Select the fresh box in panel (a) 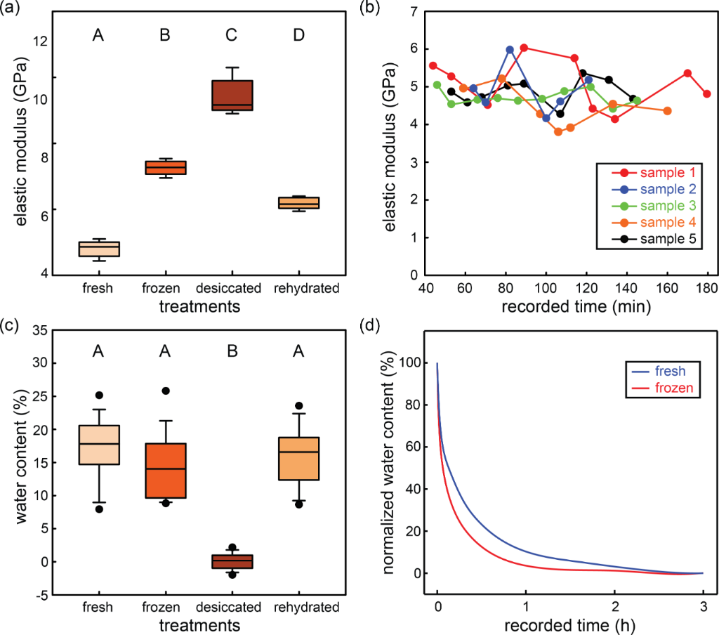99,249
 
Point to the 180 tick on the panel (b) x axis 707,288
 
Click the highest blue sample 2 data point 510,50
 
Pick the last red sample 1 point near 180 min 707,94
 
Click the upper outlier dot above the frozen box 165,391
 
